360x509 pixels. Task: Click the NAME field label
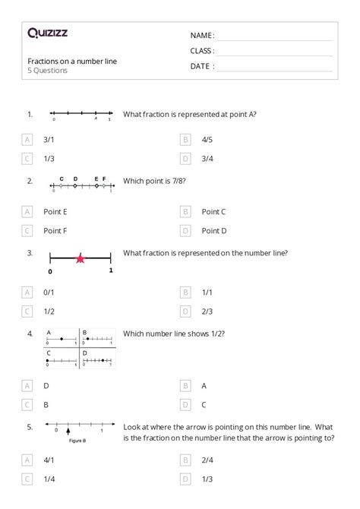pos(202,36)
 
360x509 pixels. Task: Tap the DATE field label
pos(202,66)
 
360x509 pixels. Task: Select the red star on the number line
pos(80,259)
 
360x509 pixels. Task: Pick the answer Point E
pos(55,211)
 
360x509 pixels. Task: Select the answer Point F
pos(55,230)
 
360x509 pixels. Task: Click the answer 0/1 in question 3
pos(49,292)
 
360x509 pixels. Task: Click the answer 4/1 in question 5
pos(49,459)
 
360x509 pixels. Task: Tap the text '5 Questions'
pos(47,71)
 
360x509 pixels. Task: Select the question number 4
pos(30,333)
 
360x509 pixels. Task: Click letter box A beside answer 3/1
pos(27,140)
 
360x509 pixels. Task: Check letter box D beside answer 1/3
pos(185,478)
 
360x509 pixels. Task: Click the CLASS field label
pos(202,51)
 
